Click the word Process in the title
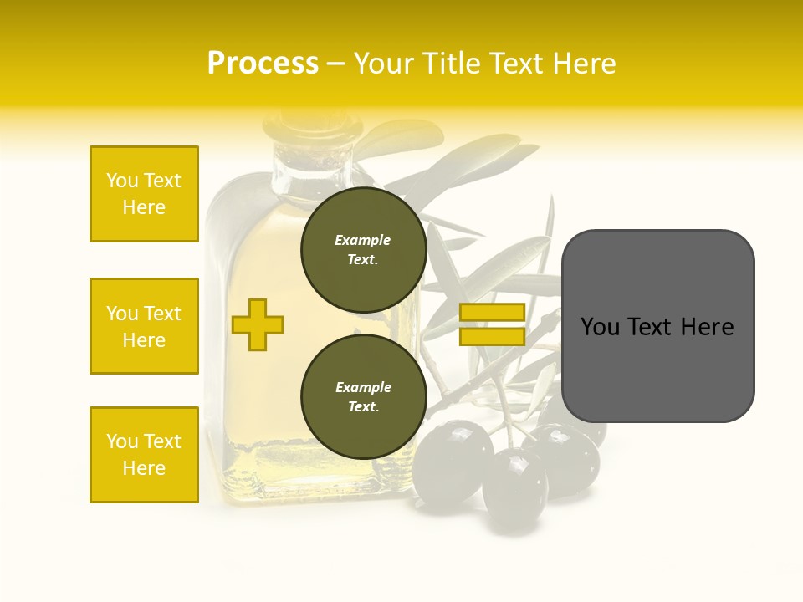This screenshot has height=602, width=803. (x=263, y=64)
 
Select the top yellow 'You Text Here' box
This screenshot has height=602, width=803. (x=144, y=194)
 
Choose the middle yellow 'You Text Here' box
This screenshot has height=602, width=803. (x=144, y=326)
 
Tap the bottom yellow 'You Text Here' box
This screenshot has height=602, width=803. (x=144, y=455)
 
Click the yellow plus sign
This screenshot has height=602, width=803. (x=258, y=324)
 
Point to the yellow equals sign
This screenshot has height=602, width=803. (x=492, y=324)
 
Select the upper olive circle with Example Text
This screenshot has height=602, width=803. (x=364, y=250)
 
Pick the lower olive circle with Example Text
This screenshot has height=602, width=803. (x=364, y=397)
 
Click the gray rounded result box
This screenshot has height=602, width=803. (x=657, y=326)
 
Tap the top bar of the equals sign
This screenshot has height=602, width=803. (x=492, y=313)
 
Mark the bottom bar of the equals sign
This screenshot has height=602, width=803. (x=492, y=336)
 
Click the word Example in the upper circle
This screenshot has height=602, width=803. (x=363, y=240)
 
